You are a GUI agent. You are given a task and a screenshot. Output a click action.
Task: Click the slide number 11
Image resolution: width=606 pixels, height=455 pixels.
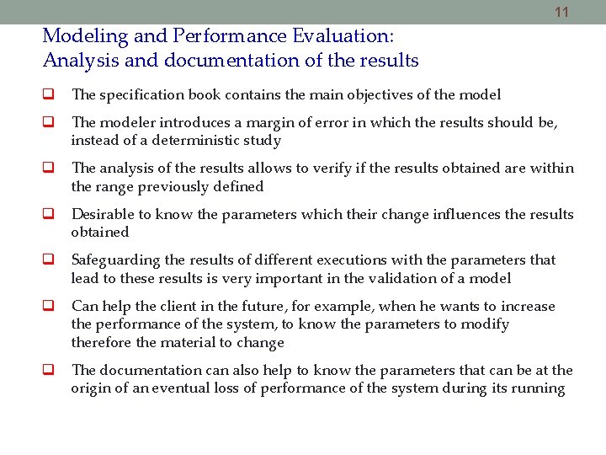[x=562, y=13]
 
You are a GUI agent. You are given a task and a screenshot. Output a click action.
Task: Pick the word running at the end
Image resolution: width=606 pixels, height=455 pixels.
[x=538, y=388]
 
